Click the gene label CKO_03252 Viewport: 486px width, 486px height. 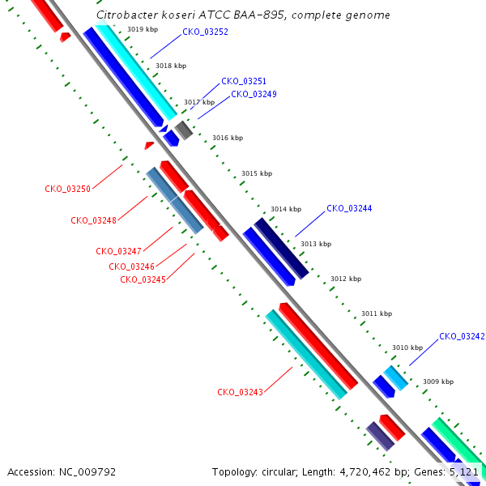click(205, 32)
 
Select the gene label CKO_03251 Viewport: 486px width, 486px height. click(244, 81)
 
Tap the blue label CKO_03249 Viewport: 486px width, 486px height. click(254, 94)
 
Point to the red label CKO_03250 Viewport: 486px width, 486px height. click(67, 189)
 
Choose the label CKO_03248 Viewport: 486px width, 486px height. click(93, 220)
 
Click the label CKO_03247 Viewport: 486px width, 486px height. click(119, 251)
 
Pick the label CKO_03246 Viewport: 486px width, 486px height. click(131, 266)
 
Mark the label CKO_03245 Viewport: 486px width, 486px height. click(143, 280)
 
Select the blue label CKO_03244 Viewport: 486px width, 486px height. click(349, 209)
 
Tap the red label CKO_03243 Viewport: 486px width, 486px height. click(240, 392)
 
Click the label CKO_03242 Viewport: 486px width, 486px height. click(462, 337)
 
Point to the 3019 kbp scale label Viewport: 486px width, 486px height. click(143, 29)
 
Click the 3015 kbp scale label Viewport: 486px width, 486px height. click(257, 173)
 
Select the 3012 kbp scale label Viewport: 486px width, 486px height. click(346, 279)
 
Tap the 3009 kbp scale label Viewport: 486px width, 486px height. click(438, 382)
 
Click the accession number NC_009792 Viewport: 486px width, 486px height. click(87, 472)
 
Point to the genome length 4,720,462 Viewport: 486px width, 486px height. click(365, 472)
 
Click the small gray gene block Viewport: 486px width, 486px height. click(184, 130)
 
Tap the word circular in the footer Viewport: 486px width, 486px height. click(279, 472)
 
